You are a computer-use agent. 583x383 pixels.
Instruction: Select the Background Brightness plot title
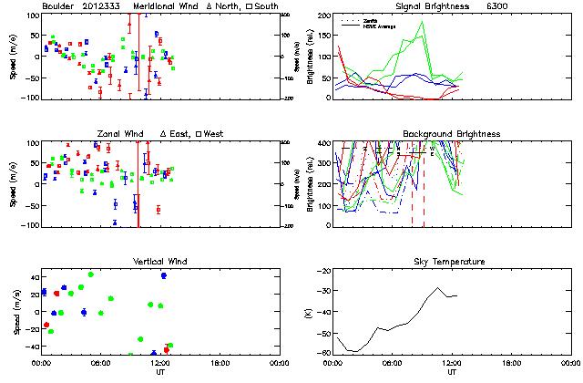(451, 134)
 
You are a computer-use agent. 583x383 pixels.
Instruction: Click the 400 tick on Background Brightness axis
(322, 143)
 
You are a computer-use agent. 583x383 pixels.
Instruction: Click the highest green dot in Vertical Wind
(91, 274)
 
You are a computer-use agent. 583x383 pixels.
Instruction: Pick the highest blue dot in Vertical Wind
(164, 275)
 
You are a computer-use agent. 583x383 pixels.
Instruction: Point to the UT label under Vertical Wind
(159, 373)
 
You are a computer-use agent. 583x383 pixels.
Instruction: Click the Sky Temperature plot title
(451, 262)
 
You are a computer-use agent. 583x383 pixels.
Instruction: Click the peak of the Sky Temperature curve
(438, 288)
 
